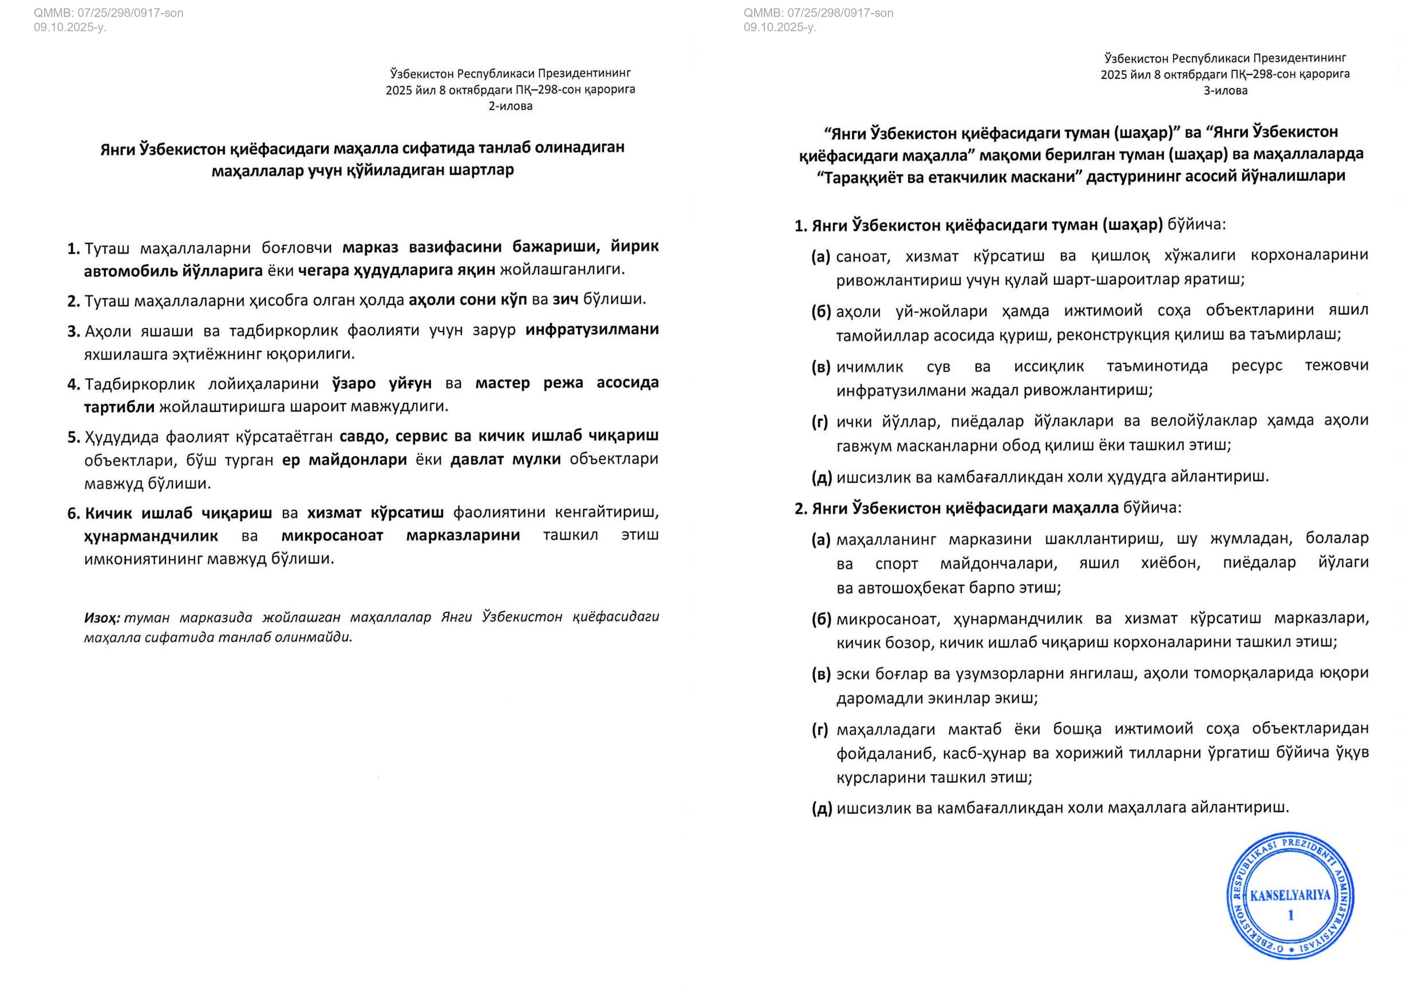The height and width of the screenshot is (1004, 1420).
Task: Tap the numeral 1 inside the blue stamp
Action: (1291, 915)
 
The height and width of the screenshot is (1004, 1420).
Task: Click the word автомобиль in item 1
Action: (130, 270)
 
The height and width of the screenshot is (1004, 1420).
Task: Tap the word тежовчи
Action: (1336, 365)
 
